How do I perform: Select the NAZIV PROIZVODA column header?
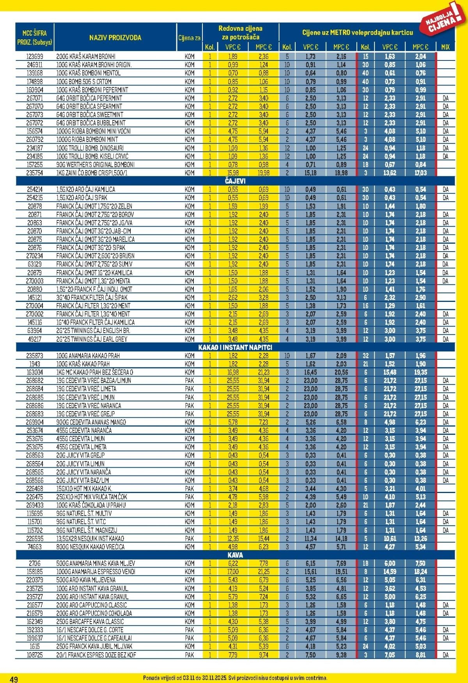click(x=115, y=38)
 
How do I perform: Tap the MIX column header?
click(x=445, y=47)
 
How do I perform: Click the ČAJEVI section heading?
click(x=235, y=181)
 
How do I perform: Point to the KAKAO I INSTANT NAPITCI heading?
click(x=235, y=347)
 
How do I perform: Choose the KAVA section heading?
click(x=235, y=555)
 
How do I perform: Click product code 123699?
click(x=35, y=56)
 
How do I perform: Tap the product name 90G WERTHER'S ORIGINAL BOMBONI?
click(x=95, y=164)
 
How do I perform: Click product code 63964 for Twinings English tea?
click(x=35, y=331)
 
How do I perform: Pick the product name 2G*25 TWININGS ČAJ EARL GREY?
click(x=92, y=339)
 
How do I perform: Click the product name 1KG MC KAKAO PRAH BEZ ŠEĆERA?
click(x=94, y=372)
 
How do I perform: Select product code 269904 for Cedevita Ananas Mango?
click(x=35, y=422)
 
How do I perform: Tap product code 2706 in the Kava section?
click(x=35, y=563)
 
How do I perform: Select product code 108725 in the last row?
click(x=35, y=655)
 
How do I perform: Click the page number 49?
click(x=14, y=679)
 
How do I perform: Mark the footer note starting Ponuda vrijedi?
click(x=235, y=678)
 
